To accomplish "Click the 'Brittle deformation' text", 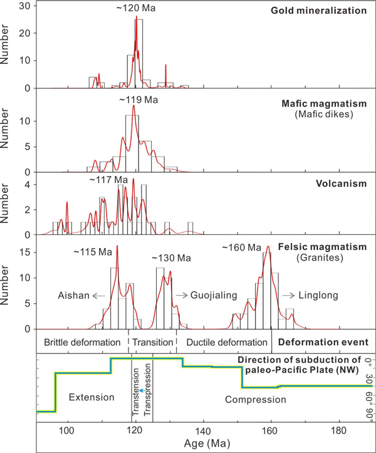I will [x=82, y=343].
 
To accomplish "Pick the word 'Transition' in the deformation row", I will [x=152, y=343].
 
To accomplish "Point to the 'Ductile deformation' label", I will [x=223, y=343].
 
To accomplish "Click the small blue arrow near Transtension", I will [x=143, y=389].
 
